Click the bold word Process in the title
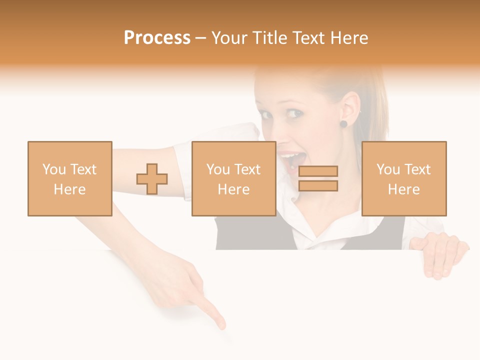[157, 38]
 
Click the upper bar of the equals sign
[318, 171]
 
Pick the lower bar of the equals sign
[318, 186]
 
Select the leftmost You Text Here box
[70, 179]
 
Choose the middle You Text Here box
[233, 179]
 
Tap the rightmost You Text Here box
[403, 179]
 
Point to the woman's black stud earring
[343, 123]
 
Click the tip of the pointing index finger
[221, 326]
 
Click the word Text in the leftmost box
[83, 169]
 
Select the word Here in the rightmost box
[403, 189]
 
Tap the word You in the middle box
[218, 169]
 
